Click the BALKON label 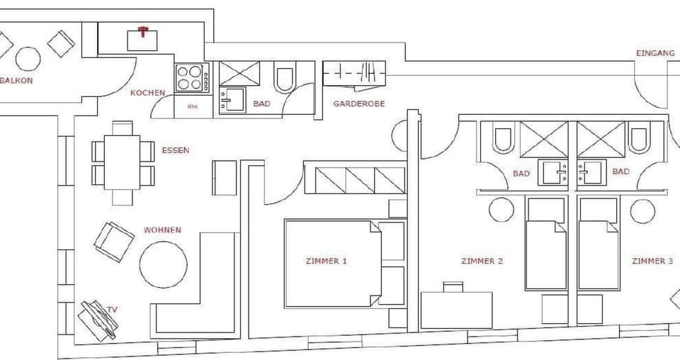point(16,80)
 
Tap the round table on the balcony point(28,59)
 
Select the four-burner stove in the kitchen point(190,77)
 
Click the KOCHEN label point(147,93)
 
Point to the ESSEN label point(175,150)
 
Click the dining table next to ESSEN point(122,162)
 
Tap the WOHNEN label point(162,230)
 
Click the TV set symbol point(98,319)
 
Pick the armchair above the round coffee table point(113,241)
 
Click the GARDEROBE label point(358,103)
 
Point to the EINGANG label point(650,53)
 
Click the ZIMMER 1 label point(327,261)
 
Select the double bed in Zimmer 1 point(333,263)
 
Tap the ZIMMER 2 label point(482,261)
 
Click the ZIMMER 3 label point(652,261)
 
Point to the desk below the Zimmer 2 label point(456,310)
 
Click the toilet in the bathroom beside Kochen point(285,79)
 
